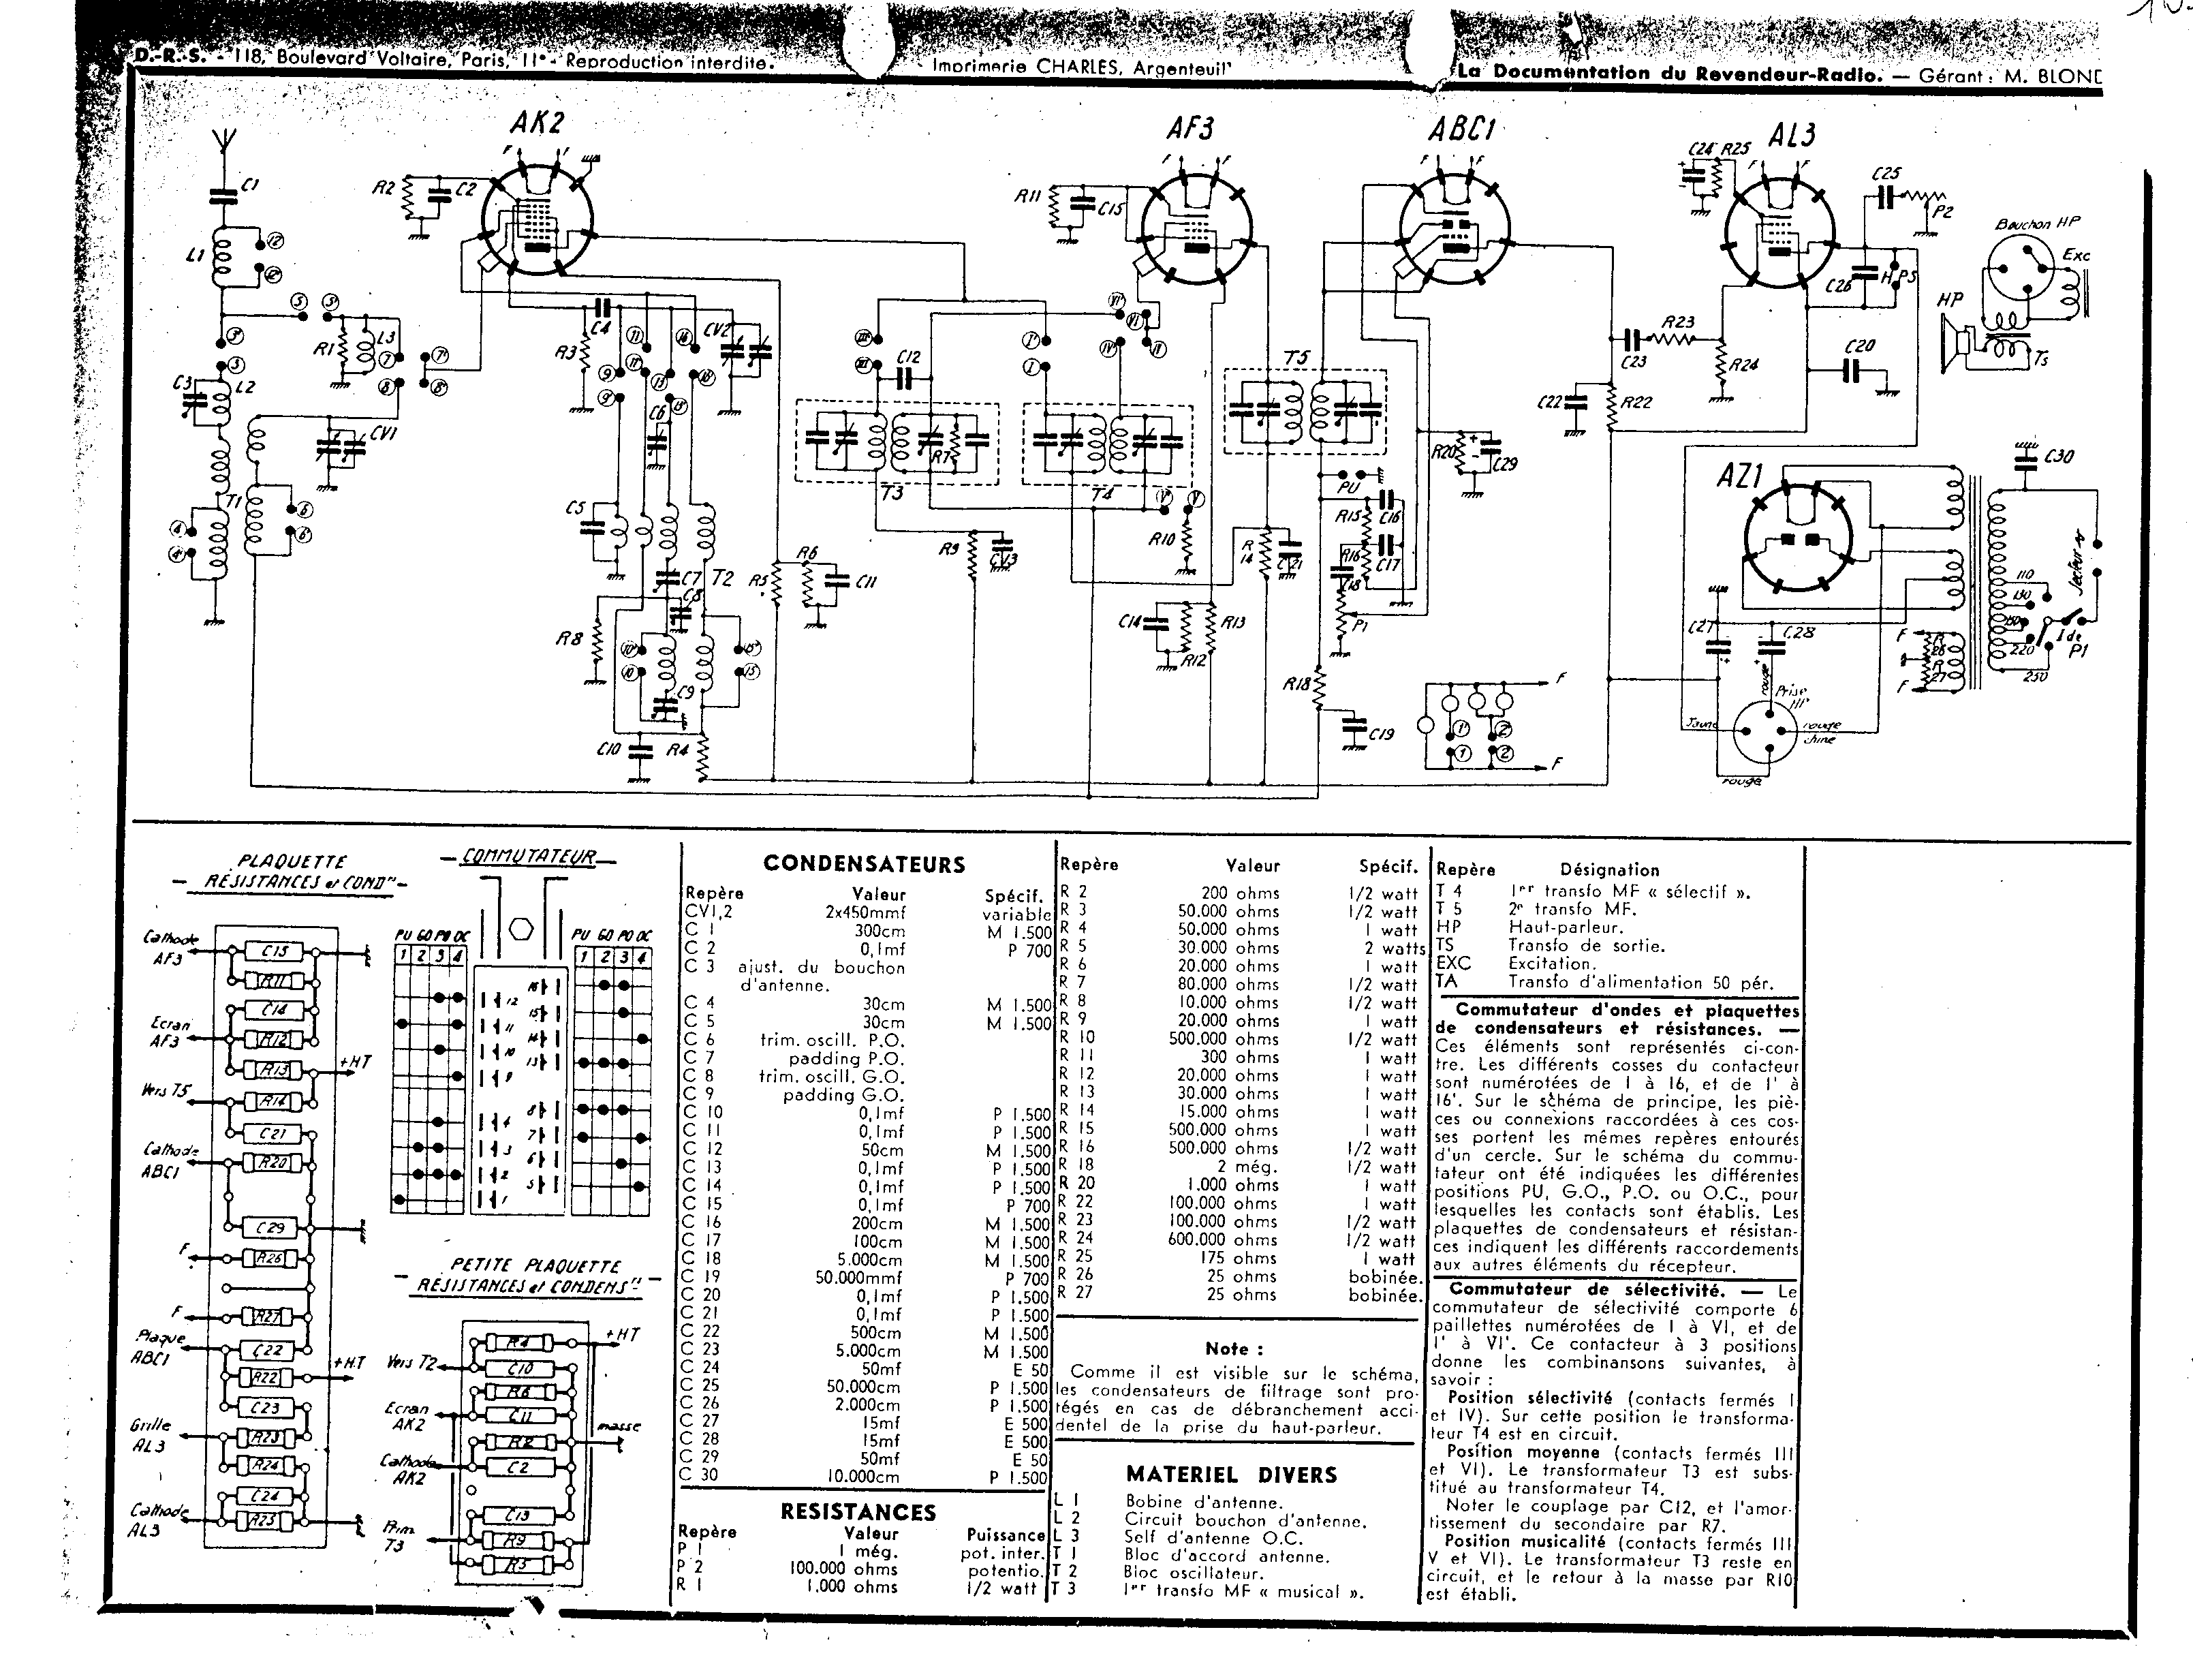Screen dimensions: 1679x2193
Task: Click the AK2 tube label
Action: click(538, 123)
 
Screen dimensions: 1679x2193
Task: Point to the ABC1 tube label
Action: click(1460, 131)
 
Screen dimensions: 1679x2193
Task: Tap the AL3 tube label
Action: click(1791, 135)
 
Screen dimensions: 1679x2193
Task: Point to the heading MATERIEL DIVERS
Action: click(1231, 1474)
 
